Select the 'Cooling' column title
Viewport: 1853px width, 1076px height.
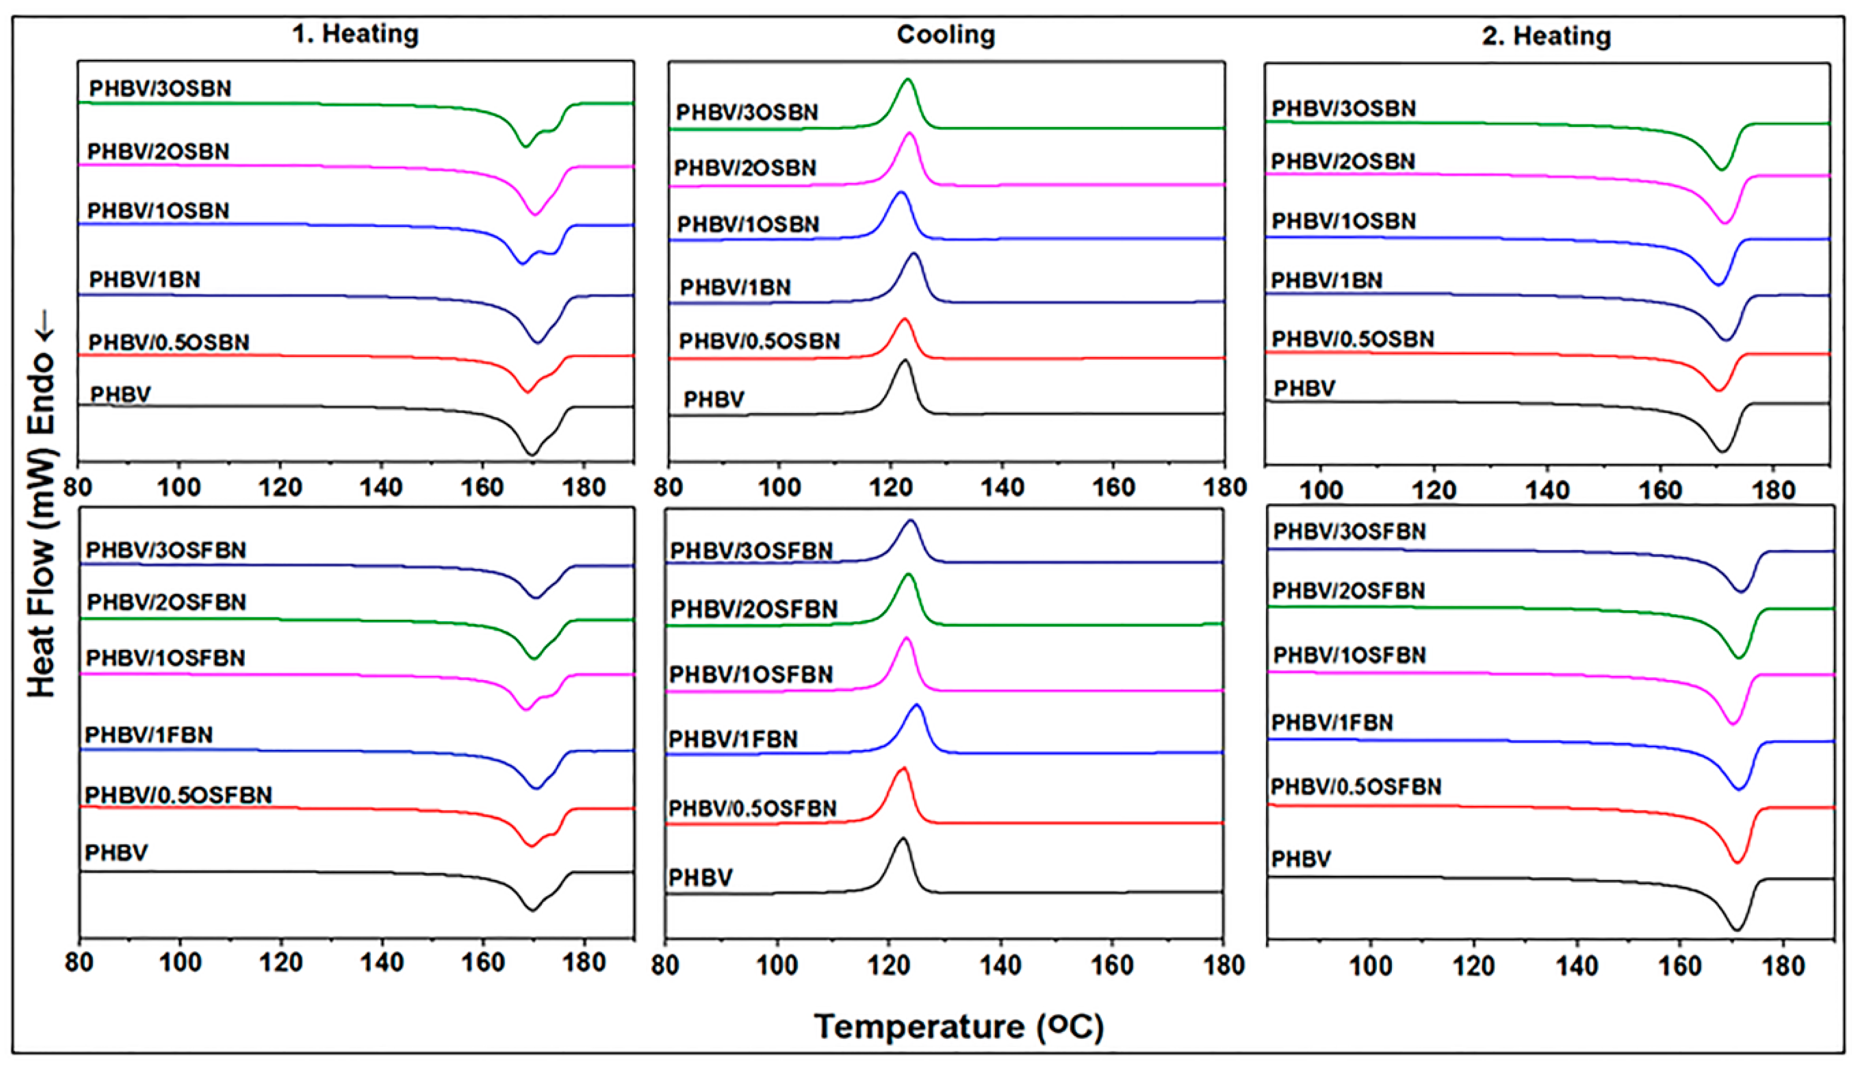pos(946,35)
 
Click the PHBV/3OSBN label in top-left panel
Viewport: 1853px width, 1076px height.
pos(160,88)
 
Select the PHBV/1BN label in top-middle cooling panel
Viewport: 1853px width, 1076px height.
pos(735,288)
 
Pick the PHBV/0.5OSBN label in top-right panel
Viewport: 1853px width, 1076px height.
pos(1353,339)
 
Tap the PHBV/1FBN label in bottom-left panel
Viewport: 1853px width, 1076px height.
pos(149,735)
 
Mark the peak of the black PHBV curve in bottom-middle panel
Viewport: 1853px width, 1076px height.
pos(902,839)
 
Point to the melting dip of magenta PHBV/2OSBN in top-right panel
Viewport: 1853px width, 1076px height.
pos(1725,222)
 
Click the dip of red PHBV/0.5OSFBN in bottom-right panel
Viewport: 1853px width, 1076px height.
pos(1737,861)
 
